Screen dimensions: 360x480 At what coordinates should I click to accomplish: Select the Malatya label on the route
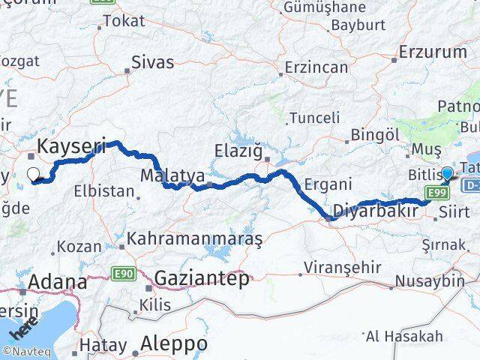(x=172, y=175)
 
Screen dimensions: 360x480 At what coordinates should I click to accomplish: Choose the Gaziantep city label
(x=201, y=279)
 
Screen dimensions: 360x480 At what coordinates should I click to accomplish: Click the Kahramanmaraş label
(x=195, y=240)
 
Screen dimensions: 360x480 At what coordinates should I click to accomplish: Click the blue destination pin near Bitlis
(x=448, y=175)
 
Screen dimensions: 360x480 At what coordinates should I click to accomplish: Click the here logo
(x=20, y=331)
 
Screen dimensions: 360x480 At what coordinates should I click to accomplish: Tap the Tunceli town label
(x=315, y=118)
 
